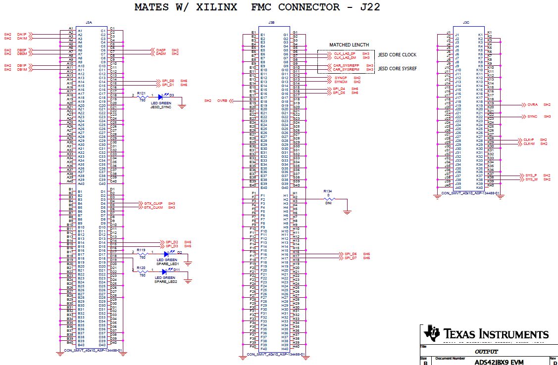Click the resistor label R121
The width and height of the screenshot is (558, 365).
(x=141, y=93)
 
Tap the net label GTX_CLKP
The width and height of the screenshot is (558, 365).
(x=153, y=203)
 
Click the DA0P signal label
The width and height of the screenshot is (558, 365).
(x=160, y=50)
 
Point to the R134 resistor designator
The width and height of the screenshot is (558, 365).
(x=327, y=190)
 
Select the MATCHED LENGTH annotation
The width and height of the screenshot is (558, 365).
(x=349, y=45)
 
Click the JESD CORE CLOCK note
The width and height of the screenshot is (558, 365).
(x=397, y=55)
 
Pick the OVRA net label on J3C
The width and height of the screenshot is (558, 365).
(x=532, y=105)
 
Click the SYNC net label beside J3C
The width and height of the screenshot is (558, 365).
(x=532, y=116)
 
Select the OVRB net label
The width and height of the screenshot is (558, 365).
(x=222, y=100)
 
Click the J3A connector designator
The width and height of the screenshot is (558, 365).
(x=89, y=23)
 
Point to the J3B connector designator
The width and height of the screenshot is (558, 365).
(x=271, y=23)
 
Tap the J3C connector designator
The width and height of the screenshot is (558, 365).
(x=465, y=23)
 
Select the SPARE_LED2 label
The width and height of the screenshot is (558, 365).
(x=165, y=281)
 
